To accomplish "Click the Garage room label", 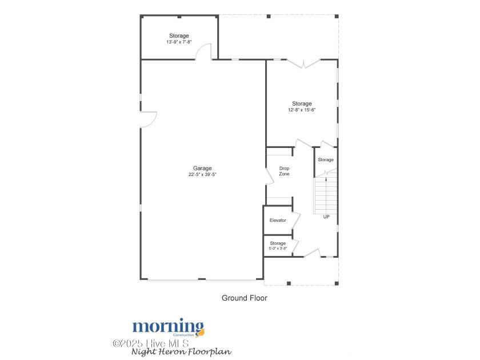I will tap(202, 168).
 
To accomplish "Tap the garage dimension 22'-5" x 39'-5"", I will tap(202, 175).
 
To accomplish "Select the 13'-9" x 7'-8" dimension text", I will tap(179, 42).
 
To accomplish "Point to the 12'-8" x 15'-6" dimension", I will tap(302, 110).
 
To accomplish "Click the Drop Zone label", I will tap(284, 171).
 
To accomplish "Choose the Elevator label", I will tap(278, 220).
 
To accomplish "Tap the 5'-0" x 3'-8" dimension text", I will tap(278, 249).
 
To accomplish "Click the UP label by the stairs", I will tap(326, 217).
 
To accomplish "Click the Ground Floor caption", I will tap(244, 298).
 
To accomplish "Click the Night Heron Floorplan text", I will tap(181, 352).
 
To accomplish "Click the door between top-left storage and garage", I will tap(203, 53).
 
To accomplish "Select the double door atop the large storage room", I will tap(303, 63).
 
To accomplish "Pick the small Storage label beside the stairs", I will tap(326, 159).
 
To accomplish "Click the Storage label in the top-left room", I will tap(179, 36).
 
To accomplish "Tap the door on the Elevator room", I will tap(295, 220).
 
